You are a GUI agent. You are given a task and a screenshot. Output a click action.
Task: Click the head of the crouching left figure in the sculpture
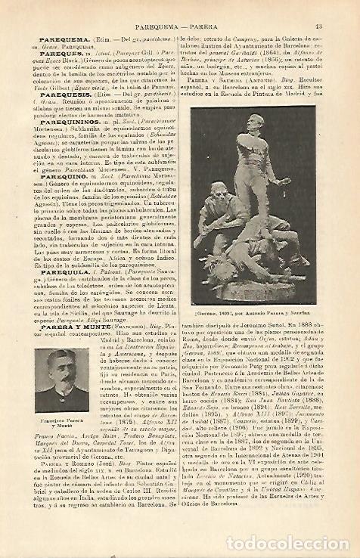click(x=223, y=187)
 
